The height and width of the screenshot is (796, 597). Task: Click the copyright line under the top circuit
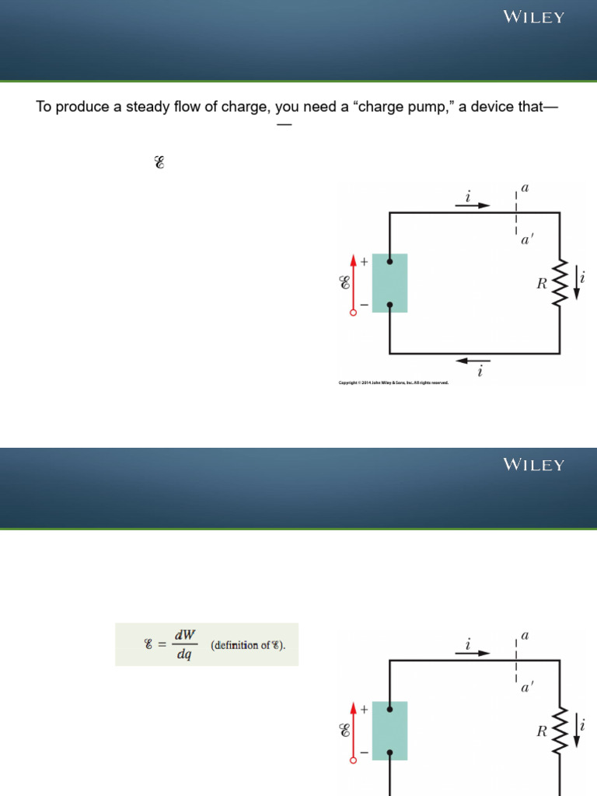click(393, 382)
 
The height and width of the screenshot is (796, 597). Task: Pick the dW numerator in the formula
click(184, 635)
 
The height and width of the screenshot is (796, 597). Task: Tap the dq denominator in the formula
click(184, 655)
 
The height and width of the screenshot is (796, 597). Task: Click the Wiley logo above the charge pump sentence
click(533, 17)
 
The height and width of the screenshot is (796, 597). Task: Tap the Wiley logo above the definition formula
click(533, 465)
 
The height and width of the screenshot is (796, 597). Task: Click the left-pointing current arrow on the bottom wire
click(473, 361)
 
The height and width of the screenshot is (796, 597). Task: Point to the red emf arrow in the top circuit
click(354, 283)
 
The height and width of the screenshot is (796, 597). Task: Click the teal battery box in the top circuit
click(389, 283)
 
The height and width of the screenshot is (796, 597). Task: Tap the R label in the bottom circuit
click(542, 731)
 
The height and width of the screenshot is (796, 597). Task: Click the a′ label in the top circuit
click(527, 241)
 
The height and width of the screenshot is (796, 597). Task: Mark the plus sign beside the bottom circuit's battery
click(364, 709)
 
